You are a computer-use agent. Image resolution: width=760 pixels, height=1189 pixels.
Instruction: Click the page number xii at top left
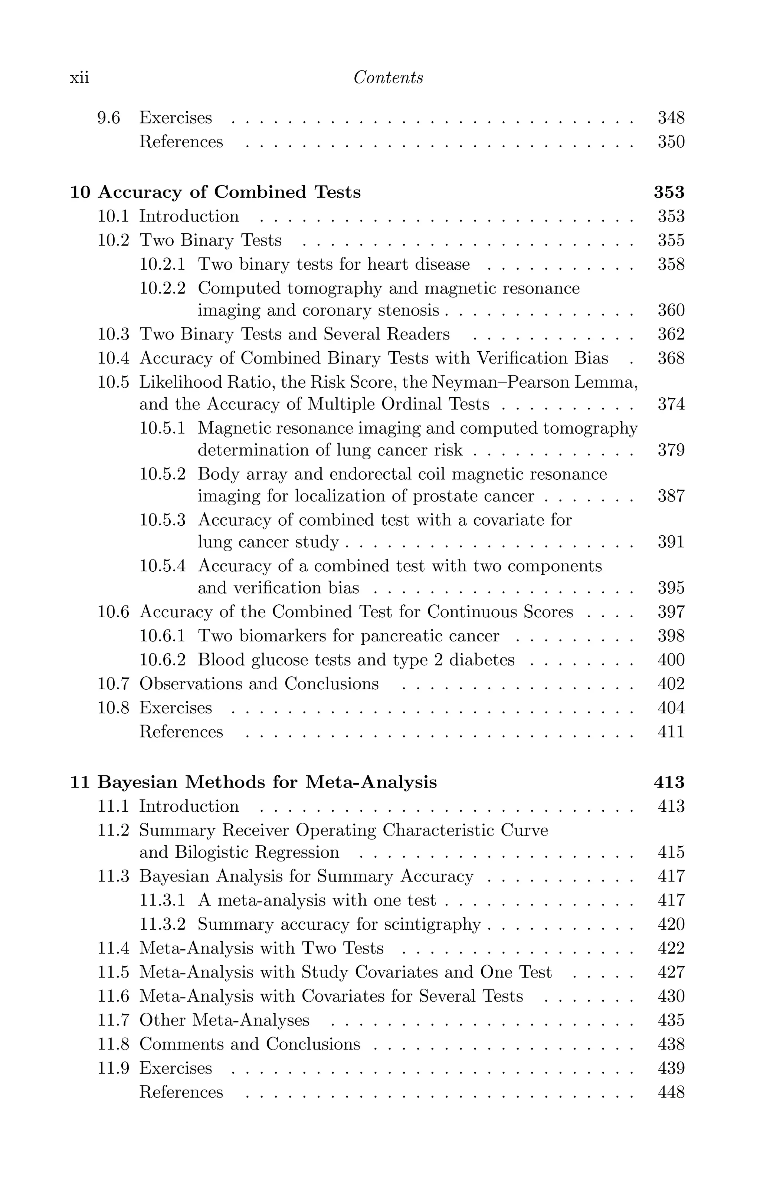coord(79,78)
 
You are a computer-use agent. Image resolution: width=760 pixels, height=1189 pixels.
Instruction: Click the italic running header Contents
coord(388,78)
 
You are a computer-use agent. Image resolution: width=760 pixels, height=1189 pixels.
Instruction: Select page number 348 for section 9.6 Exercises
coord(671,118)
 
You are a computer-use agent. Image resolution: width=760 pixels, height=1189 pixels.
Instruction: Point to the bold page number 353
coord(669,192)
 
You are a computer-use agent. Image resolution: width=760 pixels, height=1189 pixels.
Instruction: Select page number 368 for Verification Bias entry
coord(671,358)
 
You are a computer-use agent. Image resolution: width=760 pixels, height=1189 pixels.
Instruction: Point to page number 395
coord(671,588)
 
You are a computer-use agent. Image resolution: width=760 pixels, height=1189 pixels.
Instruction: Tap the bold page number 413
coord(669,782)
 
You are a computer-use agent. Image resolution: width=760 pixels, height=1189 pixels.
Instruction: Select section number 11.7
coord(113,1020)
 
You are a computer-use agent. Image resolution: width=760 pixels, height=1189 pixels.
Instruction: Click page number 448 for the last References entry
coord(671,1092)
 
